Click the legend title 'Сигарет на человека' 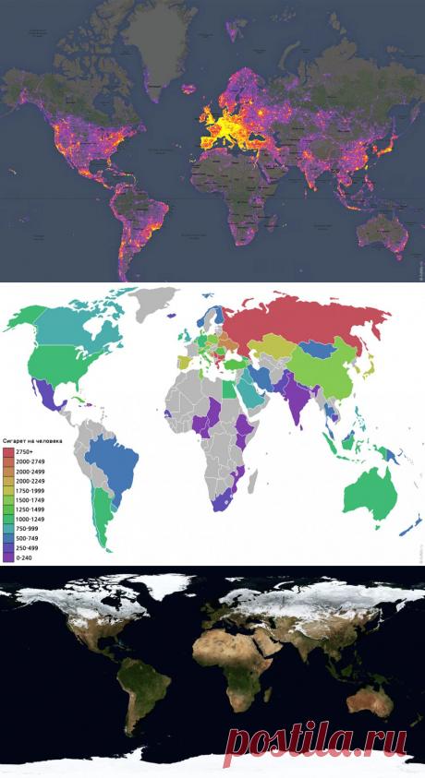pyautogui.click(x=31, y=441)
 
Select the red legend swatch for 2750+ pyautogui.click(x=9, y=452)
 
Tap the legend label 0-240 pyautogui.click(x=25, y=557)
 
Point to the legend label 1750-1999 pyautogui.click(x=31, y=490)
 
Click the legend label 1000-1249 pyautogui.click(x=31, y=519)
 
